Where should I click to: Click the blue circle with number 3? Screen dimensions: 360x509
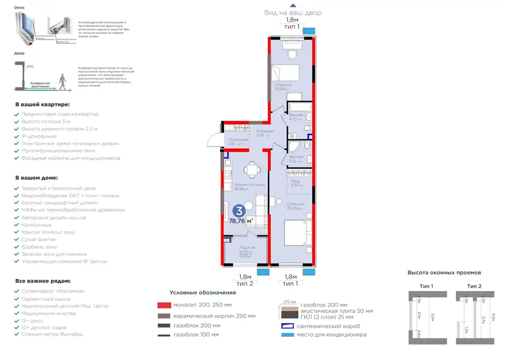(x=239, y=211)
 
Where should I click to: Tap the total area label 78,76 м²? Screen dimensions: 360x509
(x=241, y=221)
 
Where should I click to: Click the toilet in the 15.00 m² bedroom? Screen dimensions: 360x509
(x=292, y=54)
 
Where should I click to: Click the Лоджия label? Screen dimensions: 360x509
(x=247, y=247)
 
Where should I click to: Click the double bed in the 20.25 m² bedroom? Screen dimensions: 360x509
(x=295, y=233)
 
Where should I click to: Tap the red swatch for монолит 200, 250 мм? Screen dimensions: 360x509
(x=164, y=306)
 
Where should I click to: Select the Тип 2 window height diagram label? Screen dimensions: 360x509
(x=475, y=286)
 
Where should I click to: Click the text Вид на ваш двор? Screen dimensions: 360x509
(x=292, y=12)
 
